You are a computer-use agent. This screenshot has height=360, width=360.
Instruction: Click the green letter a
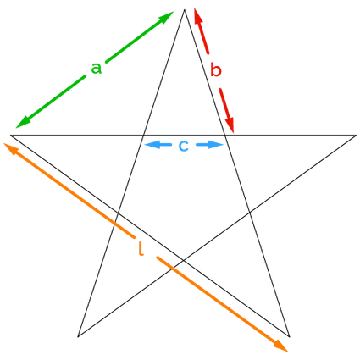click(96, 69)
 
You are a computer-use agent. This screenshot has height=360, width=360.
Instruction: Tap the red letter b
click(216, 70)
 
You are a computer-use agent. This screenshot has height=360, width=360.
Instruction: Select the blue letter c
click(184, 146)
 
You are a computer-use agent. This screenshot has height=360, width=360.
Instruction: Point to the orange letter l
click(141, 248)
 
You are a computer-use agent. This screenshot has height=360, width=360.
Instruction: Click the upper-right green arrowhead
click(166, 17)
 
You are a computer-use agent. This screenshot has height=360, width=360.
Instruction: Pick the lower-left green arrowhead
click(23, 123)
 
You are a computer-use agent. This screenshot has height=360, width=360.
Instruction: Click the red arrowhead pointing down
click(230, 125)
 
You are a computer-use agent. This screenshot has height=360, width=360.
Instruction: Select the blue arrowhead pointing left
click(151, 145)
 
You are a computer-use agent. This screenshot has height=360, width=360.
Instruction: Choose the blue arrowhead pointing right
click(216, 145)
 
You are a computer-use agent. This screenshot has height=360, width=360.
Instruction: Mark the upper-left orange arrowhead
click(11, 148)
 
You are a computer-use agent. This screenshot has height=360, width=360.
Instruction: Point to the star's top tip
click(184, 10)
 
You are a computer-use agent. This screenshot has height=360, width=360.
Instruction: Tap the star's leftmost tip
click(11, 136)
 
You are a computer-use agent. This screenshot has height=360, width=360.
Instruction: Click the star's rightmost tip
click(356, 136)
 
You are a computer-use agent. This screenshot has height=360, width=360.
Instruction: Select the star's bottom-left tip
click(78, 336)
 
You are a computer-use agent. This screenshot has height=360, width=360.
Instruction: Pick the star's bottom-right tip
click(290, 336)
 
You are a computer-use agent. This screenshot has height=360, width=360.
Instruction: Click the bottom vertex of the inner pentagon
click(184, 260)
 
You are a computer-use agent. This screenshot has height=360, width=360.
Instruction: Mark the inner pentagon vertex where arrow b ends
click(224, 136)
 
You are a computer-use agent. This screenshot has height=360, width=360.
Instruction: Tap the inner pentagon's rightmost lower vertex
click(250, 212)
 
